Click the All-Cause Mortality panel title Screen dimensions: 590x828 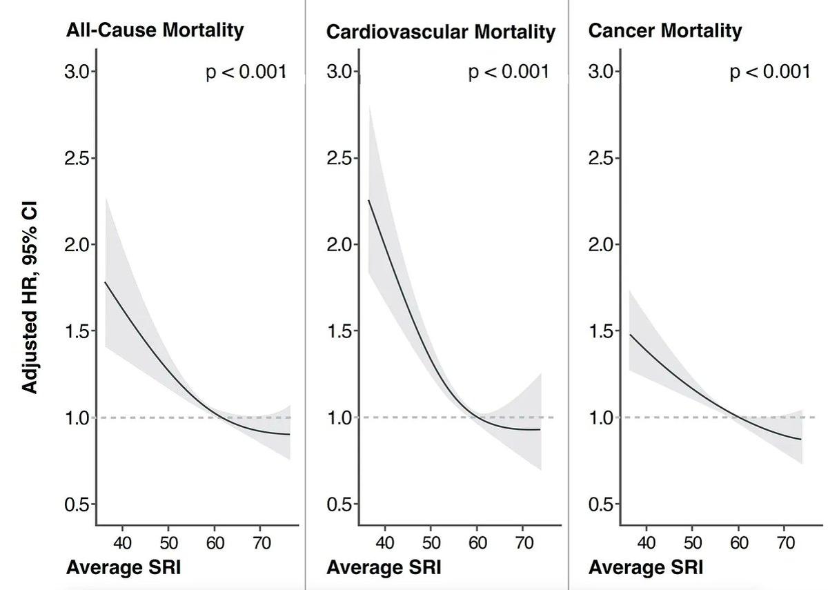155,30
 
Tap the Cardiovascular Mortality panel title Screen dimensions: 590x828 440,32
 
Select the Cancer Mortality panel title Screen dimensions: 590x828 664,30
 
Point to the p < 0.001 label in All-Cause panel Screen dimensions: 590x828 246,71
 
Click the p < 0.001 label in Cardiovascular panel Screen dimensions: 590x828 509,71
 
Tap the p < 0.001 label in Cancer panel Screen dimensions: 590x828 770,71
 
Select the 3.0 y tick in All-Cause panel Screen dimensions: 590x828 77,72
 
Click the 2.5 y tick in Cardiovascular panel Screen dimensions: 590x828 339,158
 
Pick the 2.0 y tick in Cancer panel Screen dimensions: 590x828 602,245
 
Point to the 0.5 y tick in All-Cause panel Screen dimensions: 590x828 77,504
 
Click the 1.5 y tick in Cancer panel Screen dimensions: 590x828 602,331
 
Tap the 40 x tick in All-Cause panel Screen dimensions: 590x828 122,542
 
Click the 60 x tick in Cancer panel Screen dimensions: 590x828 739,542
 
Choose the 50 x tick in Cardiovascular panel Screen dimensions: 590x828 431,542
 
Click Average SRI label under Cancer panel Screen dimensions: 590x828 646,568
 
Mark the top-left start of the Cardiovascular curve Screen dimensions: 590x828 369,200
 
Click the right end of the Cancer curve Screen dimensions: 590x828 802,439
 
